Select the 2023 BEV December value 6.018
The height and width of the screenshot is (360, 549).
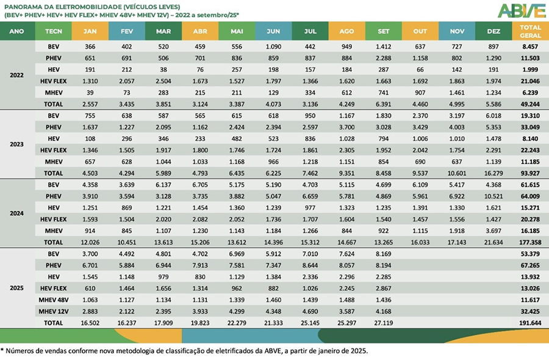(x=493, y=115)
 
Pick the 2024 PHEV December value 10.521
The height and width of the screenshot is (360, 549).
(x=493, y=196)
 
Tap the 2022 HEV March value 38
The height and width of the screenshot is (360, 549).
(x=163, y=69)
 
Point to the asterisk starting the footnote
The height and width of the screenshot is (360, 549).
(x=3, y=351)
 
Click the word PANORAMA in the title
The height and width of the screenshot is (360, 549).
(x=23, y=7)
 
